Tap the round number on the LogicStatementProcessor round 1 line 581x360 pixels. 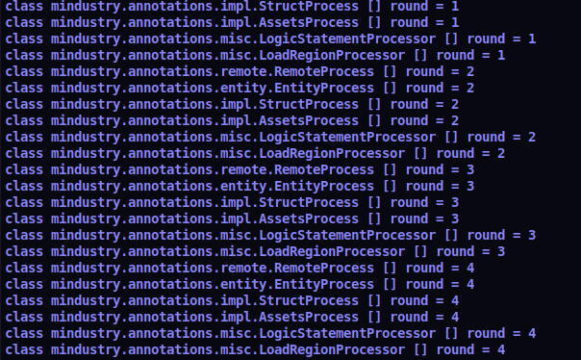click(531, 39)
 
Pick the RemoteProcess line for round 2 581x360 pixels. click(240, 71)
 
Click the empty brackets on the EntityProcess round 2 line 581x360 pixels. click(390, 88)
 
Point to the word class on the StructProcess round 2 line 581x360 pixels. click(23, 104)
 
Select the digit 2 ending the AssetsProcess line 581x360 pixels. click(454, 120)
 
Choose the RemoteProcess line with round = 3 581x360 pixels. click(240, 169)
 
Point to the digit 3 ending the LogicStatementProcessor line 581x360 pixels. click(531, 235)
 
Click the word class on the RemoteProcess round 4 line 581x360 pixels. click(23, 268)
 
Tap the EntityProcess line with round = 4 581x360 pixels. click(240, 284)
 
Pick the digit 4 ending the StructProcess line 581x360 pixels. click(454, 300)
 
